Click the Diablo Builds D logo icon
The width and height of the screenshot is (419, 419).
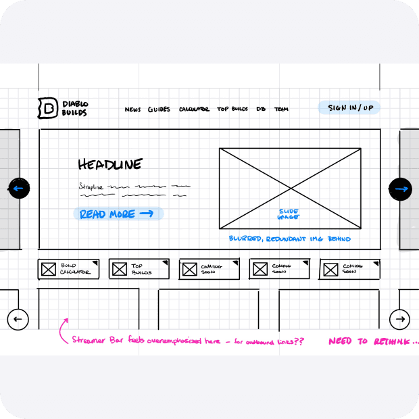coord(47,108)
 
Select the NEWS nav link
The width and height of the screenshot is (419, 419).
coord(133,109)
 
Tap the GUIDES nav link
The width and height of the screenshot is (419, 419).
coord(159,109)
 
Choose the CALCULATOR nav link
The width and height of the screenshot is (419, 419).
coord(194,109)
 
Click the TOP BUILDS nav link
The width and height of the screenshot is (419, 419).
coord(232,109)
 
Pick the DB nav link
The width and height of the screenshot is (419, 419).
coord(261,109)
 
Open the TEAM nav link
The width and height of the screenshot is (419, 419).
coord(281,109)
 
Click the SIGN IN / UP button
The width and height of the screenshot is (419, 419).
coord(350,108)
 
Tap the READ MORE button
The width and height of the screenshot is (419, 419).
coord(118,214)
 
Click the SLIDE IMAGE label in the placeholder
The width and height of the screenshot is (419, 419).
coord(289,214)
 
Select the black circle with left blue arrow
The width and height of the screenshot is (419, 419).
coord(18,189)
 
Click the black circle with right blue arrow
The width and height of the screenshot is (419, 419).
coord(400,189)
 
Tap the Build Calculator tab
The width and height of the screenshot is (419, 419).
coord(68,269)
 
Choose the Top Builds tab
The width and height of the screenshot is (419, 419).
coord(139,269)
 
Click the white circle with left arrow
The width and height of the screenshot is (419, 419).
coord(18,319)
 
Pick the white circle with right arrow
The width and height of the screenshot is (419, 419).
coord(400,319)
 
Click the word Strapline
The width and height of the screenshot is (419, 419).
coord(91,186)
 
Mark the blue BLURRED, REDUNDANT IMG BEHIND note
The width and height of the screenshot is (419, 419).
coord(289,239)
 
